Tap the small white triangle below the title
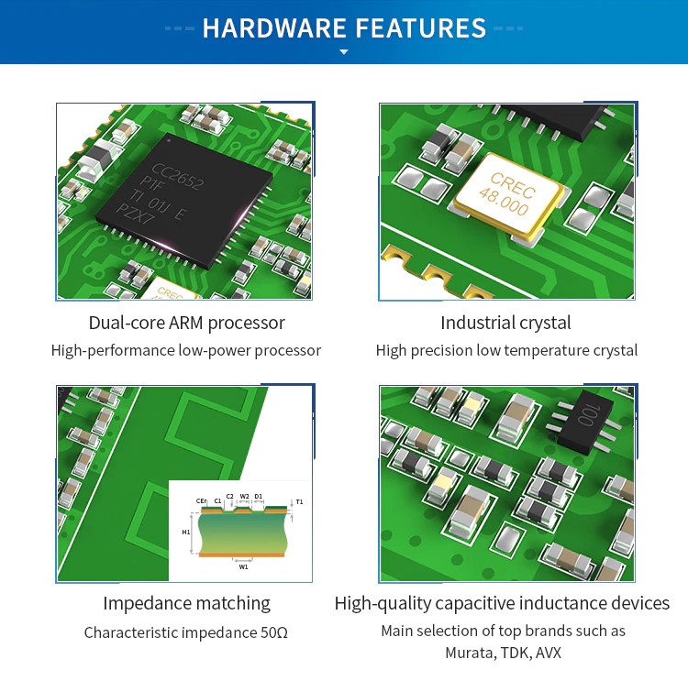(x=344, y=52)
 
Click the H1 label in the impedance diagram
(x=186, y=533)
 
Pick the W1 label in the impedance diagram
(x=243, y=566)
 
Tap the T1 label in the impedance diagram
(x=299, y=502)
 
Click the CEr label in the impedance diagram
(x=201, y=500)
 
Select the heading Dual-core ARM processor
(x=186, y=323)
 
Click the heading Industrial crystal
(x=505, y=323)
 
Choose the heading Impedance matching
(x=186, y=603)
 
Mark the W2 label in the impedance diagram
(x=245, y=496)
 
